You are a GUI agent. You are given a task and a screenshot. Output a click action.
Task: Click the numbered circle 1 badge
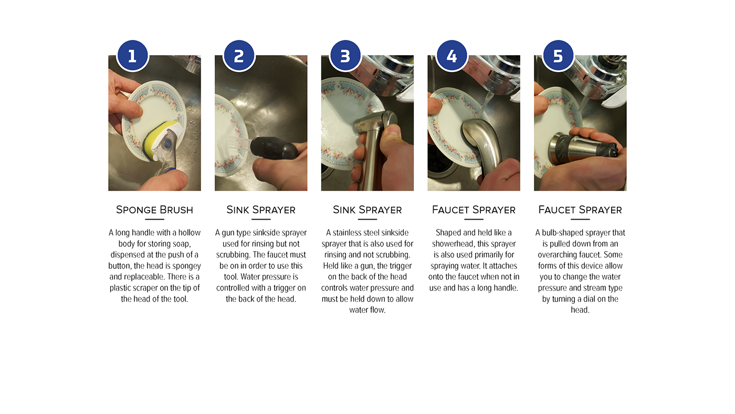click(132, 56)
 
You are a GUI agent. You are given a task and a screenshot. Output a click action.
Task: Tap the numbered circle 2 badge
click(239, 56)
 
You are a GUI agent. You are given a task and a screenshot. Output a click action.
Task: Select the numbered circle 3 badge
click(345, 56)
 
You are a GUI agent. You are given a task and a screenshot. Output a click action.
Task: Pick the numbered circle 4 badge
click(451, 56)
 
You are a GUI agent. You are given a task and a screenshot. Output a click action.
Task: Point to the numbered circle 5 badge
click(558, 56)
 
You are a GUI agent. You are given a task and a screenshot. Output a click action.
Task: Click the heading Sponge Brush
click(154, 210)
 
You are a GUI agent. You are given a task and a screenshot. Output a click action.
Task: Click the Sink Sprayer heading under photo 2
click(261, 210)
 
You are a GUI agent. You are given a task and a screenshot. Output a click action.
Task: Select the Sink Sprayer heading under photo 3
click(367, 210)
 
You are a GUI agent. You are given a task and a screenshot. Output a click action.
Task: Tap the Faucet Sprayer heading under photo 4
click(474, 210)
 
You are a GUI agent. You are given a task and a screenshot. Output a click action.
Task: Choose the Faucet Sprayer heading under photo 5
click(580, 210)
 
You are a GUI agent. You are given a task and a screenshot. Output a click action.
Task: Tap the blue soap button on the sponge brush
click(167, 143)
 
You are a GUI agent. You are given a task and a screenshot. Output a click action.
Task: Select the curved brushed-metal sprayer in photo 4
click(481, 144)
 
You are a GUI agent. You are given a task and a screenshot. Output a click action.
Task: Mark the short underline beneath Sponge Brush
click(154, 219)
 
